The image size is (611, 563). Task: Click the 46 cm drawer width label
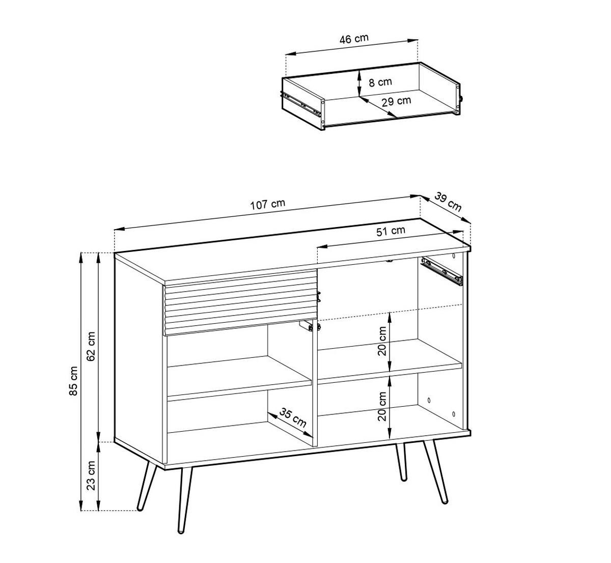[354, 39]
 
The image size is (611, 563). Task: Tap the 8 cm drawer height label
[380, 82]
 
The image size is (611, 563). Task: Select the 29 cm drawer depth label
[396, 101]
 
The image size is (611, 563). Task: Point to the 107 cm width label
[267, 205]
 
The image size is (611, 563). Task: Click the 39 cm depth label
[449, 202]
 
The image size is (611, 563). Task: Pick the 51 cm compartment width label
[391, 231]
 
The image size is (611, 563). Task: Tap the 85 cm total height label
[74, 381]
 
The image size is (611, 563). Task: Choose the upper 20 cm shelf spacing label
[383, 341]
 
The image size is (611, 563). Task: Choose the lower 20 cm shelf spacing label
[383, 406]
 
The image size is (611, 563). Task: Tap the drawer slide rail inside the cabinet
[442, 270]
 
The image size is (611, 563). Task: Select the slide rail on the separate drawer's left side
[303, 104]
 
